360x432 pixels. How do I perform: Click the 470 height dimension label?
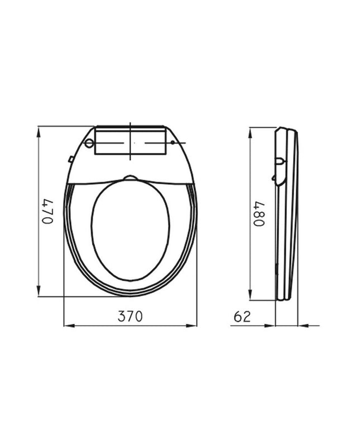[48, 211]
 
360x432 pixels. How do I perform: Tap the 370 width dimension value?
[130, 316]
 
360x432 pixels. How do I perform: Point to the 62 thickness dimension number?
[242, 316]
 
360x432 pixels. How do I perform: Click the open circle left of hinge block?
[89, 143]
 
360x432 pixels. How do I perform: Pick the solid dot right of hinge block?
[172, 143]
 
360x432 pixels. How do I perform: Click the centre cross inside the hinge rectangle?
[131, 143]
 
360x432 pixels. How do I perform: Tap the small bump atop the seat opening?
[131, 178]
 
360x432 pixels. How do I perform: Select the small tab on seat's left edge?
[71, 160]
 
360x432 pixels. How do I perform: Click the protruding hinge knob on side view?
[280, 162]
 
